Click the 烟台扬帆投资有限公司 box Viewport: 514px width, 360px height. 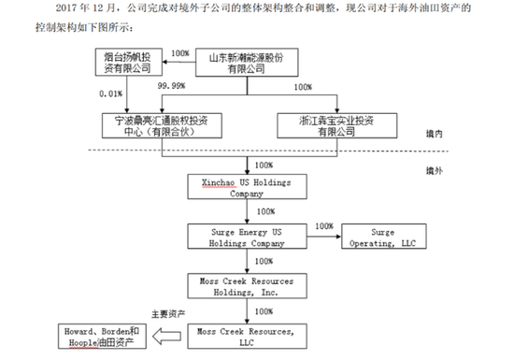pyautogui.click(x=131, y=63)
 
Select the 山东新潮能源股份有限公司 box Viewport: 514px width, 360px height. pyautogui.click(x=250, y=63)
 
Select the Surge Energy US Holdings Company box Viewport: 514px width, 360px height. pyautogui.click(x=247, y=236)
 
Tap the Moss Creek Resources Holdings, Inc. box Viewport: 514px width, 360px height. pyautogui.click(x=247, y=284)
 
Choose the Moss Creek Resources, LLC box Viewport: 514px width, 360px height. pyautogui.click(x=247, y=335)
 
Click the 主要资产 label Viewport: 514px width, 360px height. pyautogui.click(x=170, y=315)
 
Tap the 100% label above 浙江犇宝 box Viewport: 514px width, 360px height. pyautogui.click(x=303, y=89)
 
